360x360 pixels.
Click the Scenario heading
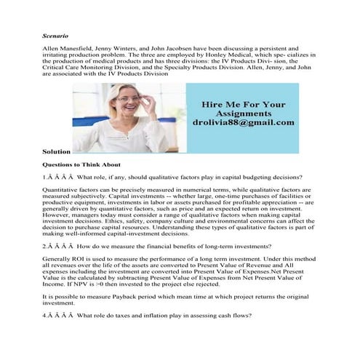pyautogui.click(x=55, y=34)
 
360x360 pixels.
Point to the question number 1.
pyautogui.click(x=45, y=176)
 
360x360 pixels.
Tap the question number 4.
pyautogui.click(x=45, y=313)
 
